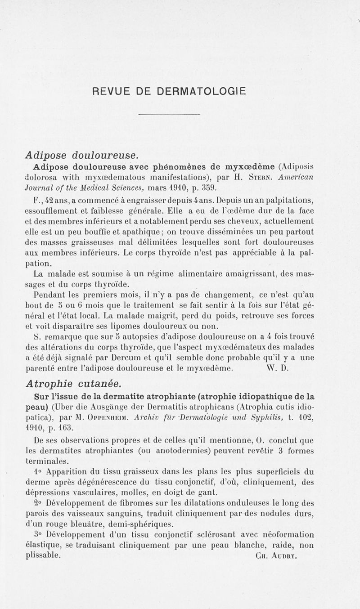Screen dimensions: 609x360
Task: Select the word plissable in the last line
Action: coord(43,555)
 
